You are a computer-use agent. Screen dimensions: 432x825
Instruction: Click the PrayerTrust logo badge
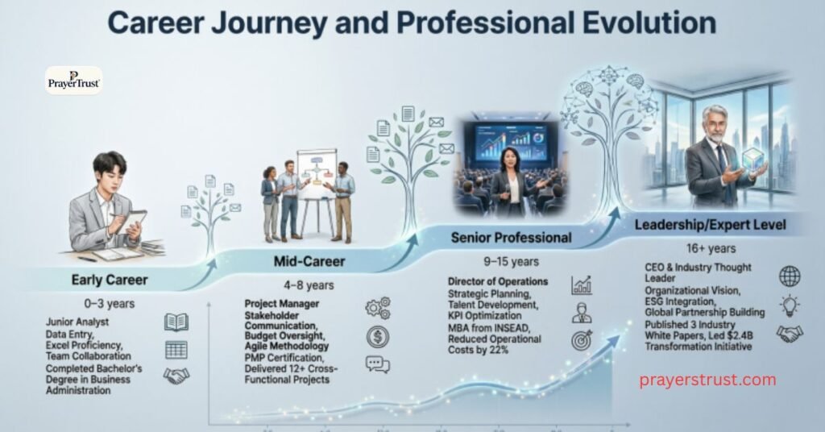click(x=73, y=81)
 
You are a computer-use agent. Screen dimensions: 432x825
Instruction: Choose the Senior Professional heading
click(x=510, y=238)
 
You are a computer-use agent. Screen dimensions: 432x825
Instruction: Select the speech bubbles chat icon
click(x=378, y=363)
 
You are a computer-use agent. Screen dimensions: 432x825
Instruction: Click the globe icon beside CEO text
click(x=790, y=276)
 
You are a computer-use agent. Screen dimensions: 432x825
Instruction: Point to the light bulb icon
click(x=790, y=305)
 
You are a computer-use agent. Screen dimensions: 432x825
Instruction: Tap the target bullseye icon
click(x=582, y=339)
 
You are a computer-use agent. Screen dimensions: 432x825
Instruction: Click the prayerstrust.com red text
click(x=707, y=379)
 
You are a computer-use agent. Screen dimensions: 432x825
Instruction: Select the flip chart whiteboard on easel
click(x=316, y=174)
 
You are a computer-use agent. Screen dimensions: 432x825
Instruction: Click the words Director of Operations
click(x=497, y=282)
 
